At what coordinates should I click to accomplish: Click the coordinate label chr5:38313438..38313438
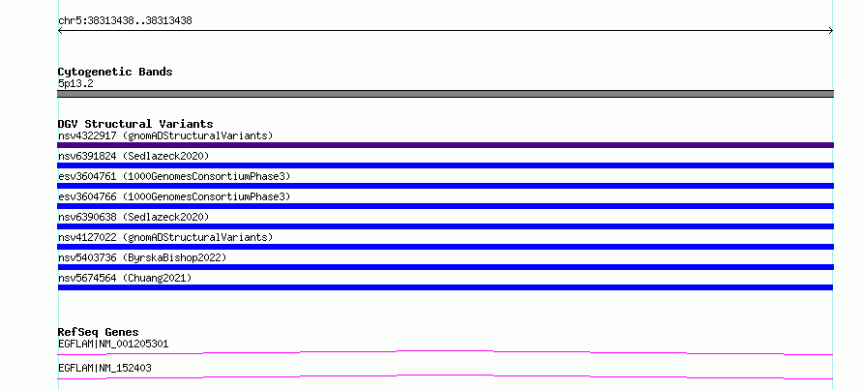click(x=125, y=21)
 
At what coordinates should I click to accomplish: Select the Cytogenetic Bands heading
click(x=115, y=72)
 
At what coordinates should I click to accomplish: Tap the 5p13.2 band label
click(x=75, y=84)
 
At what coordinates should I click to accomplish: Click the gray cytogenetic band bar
click(x=445, y=94)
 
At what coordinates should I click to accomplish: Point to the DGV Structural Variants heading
click(x=135, y=124)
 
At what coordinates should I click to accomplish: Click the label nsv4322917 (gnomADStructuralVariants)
click(x=165, y=135)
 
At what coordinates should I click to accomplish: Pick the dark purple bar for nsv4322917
click(x=445, y=145)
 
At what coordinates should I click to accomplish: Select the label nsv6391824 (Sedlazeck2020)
click(x=134, y=156)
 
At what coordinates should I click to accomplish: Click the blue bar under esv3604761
click(x=445, y=186)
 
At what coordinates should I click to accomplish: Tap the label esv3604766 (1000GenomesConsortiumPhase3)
click(x=174, y=196)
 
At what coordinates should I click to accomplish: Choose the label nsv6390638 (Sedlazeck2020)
click(x=134, y=217)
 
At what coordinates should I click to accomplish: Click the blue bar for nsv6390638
click(x=445, y=226)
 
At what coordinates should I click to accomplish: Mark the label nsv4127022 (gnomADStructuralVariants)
click(x=165, y=237)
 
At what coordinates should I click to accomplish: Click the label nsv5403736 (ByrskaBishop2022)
click(x=142, y=257)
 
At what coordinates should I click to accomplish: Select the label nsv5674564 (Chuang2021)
click(x=125, y=278)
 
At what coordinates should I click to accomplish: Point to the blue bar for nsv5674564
click(x=445, y=287)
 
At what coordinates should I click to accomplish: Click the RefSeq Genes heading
click(x=99, y=332)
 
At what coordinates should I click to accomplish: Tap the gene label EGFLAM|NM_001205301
click(x=113, y=345)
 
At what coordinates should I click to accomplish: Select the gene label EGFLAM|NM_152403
click(x=104, y=368)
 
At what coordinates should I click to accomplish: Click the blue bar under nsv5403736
click(x=445, y=267)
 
